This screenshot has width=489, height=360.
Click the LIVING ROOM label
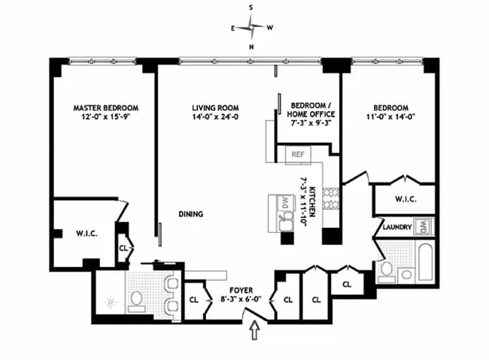215,108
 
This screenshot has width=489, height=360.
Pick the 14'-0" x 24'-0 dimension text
215,118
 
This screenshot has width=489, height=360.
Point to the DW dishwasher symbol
285,201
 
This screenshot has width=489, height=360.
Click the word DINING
190,214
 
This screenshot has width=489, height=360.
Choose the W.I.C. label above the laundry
405,199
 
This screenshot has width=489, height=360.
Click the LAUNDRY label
396,226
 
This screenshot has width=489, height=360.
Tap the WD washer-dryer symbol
424,225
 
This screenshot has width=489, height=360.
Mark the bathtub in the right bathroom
425,262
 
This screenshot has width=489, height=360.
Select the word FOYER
241,289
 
